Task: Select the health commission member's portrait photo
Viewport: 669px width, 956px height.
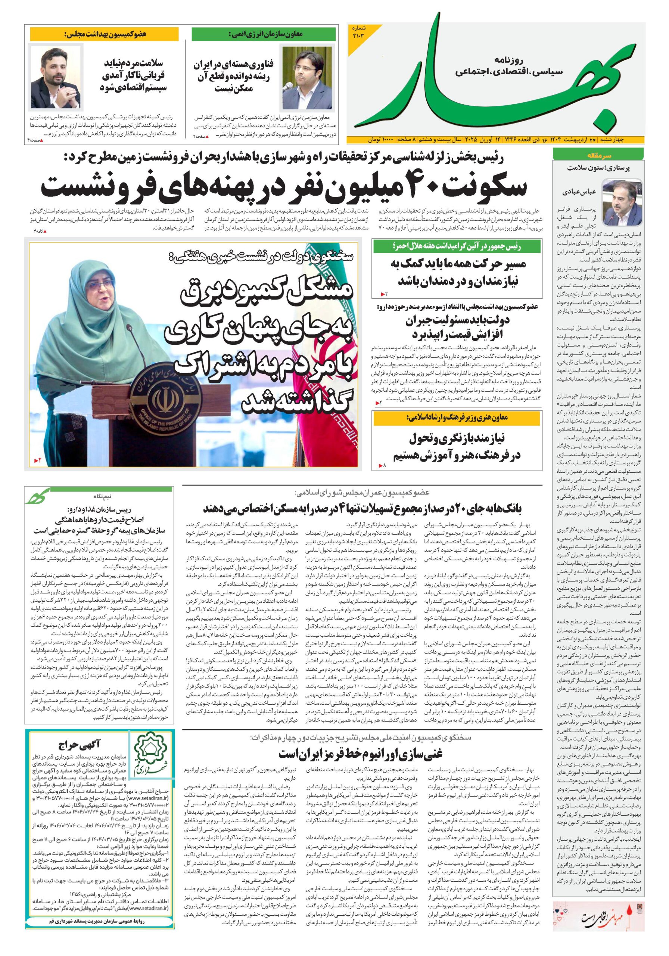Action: (x=55, y=77)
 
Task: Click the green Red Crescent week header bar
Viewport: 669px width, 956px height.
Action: (x=457, y=246)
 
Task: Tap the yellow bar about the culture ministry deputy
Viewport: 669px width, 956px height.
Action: (x=457, y=418)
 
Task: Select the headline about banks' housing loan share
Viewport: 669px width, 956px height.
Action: (x=362, y=508)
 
